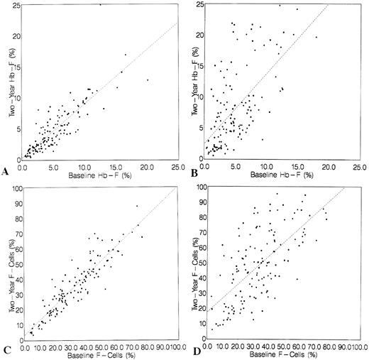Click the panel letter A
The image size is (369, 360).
[6, 170]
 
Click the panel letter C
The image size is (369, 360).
[6, 350]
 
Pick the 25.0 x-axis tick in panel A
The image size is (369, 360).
[175, 166]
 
